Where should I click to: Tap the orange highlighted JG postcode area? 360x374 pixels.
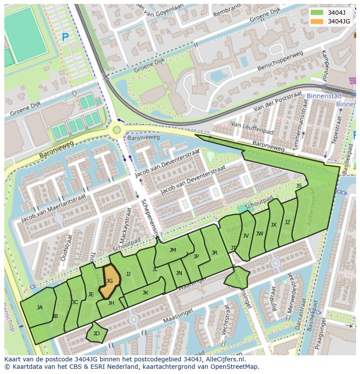pos(110,281)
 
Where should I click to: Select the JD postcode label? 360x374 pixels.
pos(97,334)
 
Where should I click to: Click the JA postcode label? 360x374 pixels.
pos(40,308)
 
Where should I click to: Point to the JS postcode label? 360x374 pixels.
pos(299,186)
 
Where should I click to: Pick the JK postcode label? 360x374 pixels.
pos(145,293)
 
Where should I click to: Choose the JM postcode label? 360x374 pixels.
pos(173,250)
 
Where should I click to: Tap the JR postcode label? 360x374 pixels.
pos(214,253)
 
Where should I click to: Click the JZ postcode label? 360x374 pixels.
pos(287,222)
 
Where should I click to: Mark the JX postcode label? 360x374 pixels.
pos(273,225)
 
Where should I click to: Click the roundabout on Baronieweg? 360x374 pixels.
pos(116,129)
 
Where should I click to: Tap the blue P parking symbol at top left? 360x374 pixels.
pos(65,38)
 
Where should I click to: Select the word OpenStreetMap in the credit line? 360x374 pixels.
pos(235,367)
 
